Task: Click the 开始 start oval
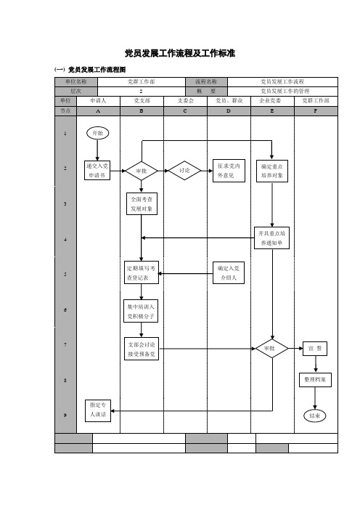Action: click(x=97, y=133)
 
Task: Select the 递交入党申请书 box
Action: click(x=97, y=171)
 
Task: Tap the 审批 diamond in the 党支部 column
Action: click(x=142, y=171)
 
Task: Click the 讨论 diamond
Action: click(x=184, y=171)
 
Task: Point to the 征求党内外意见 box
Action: click(x=229, y=171)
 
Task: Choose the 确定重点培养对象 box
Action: click(x=272, y=171)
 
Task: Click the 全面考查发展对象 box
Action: click(x=142, y=204)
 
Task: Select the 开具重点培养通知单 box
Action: click(x=271, y=238)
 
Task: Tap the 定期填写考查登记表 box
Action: click(x=142, y=272)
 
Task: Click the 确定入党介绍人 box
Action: click(x=229, y=273)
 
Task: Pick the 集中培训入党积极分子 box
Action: click(x=141, y=311)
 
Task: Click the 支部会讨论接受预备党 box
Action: click(x=142, y=349)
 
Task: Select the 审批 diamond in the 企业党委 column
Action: click(x=271, y=349)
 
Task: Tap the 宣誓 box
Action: click(x=315, y=349)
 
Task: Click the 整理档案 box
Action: click(x=315, y=380)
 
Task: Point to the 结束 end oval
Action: click(x=314, y=416)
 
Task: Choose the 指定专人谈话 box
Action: click(x=98, y=410)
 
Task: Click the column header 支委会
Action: click(x=186, y=101)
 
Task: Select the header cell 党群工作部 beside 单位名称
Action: click(x=142, y=81)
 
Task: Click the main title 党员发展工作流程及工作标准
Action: click(x=180, y=53)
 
